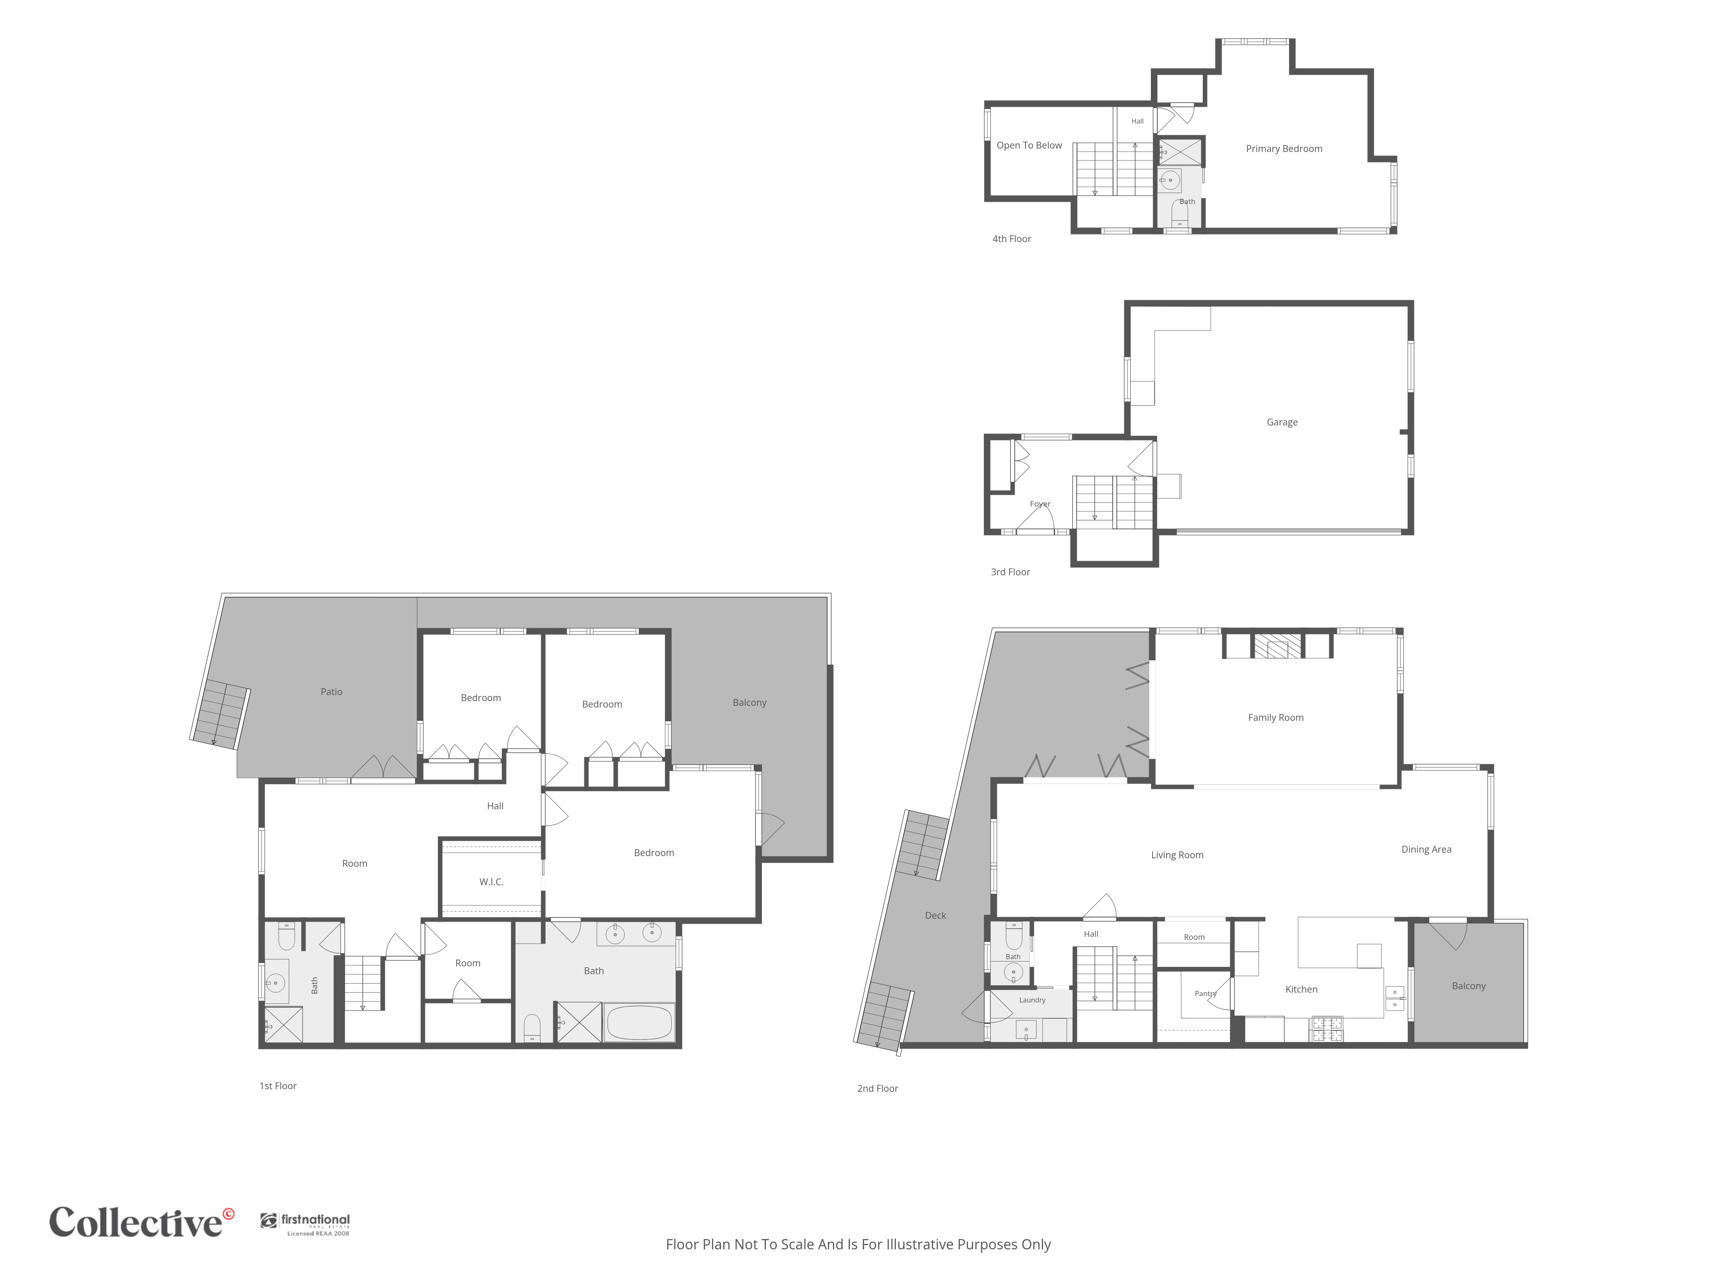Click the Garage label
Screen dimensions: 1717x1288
click(x=1282, y=422)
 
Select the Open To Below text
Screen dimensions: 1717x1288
click(x=1029, y=145)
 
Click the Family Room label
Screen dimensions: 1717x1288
click(x=1275, y=717)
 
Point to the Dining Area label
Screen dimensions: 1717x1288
click(x=1426, y=849)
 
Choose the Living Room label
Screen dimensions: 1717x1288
click(x=1177, y=855)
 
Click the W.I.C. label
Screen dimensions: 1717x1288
click(x=491, y=882)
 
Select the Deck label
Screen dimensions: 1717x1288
click(x=935, y=915)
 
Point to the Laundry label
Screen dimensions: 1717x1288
click(x=1032, y=1000)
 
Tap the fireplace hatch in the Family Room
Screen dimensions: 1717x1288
click(x=1277, y=646)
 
